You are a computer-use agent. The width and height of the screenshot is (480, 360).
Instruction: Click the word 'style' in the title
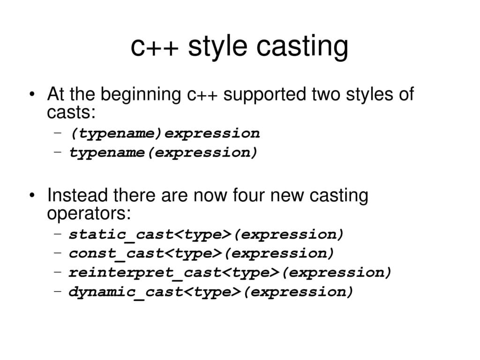(217, 47)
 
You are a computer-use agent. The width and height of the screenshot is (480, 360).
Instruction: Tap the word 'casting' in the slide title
(302, 47)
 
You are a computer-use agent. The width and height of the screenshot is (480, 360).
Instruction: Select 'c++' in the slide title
(154, 48)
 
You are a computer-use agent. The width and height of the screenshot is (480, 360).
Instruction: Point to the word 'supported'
(264, 94)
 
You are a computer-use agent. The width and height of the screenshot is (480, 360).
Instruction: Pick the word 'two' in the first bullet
(326, 95)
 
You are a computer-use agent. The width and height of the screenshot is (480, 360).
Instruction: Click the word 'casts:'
(71, 112)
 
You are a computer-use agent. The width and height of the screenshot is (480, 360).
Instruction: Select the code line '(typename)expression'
(165, 134)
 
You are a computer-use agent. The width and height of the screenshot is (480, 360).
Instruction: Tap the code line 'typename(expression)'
(163, 152)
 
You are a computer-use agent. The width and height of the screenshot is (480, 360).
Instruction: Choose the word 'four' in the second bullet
(248, 195)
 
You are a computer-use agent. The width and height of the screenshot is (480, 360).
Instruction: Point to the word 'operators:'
(89, 213)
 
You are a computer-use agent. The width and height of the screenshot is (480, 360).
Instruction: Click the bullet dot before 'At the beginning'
(32, 94)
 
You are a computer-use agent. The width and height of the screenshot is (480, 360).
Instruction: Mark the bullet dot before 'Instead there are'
(32, 195)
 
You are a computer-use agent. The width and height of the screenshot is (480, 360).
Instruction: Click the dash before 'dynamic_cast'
(58, 291)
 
